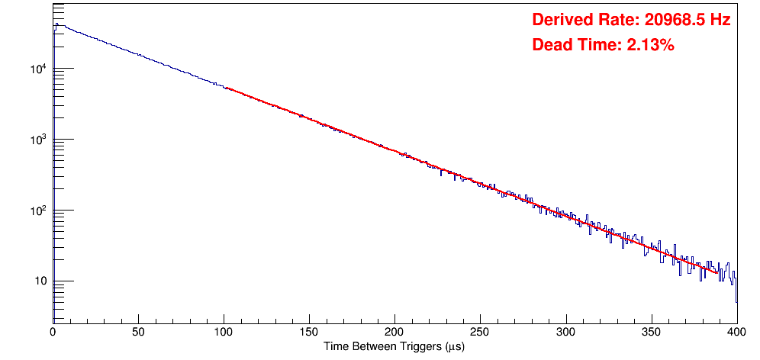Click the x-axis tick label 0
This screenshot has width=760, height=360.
53,333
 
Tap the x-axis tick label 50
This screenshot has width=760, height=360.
138,333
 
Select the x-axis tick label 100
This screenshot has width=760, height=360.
224,333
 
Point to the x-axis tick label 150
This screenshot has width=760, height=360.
309,333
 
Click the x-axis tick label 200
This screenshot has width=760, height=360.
394,333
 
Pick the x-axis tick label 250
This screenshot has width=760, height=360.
480,333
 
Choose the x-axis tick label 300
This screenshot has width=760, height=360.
565,333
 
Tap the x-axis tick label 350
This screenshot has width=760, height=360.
651,333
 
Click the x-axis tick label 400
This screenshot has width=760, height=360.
736,333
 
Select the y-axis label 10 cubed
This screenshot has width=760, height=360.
37,140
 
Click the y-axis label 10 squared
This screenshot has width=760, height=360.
37,211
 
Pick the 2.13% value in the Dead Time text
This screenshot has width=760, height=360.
651,46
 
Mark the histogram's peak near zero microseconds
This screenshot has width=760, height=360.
56,24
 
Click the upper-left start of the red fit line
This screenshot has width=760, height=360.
227,88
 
